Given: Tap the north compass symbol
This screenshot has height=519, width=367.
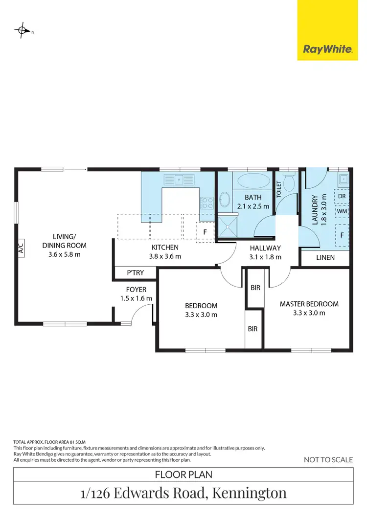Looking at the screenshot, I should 22,30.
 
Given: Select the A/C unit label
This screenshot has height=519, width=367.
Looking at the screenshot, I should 21,248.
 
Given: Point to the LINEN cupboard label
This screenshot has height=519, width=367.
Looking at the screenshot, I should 325,257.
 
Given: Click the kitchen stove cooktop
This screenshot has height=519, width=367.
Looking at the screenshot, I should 206,201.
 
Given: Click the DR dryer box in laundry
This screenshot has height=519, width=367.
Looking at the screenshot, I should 342,196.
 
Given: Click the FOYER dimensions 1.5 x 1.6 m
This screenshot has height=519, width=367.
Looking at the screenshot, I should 136,298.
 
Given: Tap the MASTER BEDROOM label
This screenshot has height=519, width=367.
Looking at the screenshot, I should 309,304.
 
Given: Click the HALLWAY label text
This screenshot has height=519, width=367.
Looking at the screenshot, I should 265,248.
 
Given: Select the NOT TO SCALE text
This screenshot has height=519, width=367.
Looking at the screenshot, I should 328,459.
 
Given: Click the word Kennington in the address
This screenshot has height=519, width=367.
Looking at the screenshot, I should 250,493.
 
